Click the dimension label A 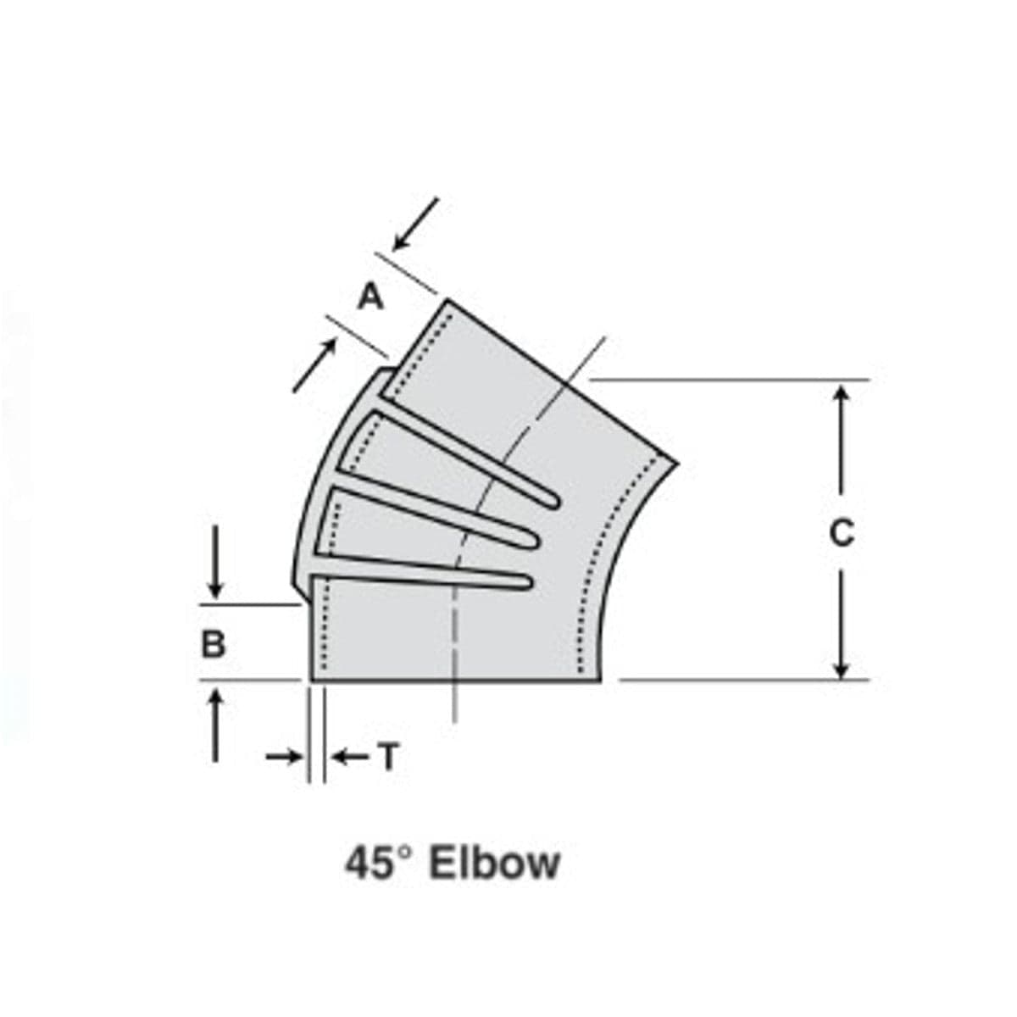tap(370, 297)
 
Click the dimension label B tap(214, 645)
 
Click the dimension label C tap(841, 532)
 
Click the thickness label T tap(387, 757)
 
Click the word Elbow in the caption tap(495, 864)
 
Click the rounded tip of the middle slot tap(534, 538)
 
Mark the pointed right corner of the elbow tap(678, 463)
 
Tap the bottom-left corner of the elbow tap(312, 680)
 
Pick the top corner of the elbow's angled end tap(446, 300)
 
